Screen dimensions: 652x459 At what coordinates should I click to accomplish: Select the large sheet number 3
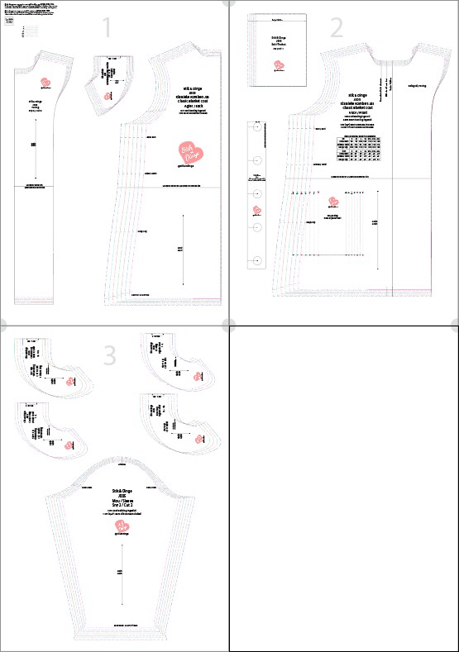(x=109, y=355)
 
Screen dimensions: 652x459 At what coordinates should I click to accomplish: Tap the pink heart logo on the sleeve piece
(x=122, y=527)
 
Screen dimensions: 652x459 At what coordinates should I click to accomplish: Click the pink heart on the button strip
(x=256, y=208)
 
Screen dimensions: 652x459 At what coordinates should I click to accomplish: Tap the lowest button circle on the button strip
(x=256, y=260)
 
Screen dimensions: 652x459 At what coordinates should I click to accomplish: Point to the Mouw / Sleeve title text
(x=122, y=501)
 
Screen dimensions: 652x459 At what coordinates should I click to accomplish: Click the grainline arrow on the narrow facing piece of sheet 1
(x=34, y=145)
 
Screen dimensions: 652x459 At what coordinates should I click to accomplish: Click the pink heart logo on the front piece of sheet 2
(x=333, y=201)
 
